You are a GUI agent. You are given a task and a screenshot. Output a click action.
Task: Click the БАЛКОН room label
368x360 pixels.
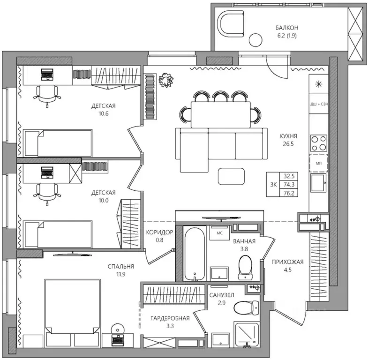(x=287, y=28)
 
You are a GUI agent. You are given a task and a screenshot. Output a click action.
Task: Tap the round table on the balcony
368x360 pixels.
(x=255, y=40)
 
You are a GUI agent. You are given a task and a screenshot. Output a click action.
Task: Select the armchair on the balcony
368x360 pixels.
(x=231, y=24)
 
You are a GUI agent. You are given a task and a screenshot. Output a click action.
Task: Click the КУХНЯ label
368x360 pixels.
(x=288, y=136)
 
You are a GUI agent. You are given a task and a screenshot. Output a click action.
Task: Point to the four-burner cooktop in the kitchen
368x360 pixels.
(x=319, y=143)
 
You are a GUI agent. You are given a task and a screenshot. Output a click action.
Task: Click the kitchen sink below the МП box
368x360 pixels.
(x=318, y=183)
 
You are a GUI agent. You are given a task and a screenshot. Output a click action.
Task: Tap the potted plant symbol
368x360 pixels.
(x=166, y=80)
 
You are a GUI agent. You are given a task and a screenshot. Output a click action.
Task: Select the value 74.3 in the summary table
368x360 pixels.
(x=289, y=185)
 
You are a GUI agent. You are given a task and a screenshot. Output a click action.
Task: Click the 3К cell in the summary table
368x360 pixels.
(x=273, y=185)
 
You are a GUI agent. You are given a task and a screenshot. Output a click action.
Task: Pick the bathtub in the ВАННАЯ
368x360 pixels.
(x=195, y=254)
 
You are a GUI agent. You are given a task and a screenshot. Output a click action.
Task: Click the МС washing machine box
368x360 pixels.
(x=219, y=233)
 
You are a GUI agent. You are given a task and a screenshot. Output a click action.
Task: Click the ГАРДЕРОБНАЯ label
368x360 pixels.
(x=170, y=318)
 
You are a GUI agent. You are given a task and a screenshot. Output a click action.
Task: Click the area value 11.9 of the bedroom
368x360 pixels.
(x=120, y=274)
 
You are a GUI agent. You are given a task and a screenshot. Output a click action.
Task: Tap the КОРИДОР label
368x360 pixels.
(x=159, y=232)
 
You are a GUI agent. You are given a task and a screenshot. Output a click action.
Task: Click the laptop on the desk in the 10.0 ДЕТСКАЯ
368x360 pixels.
(x=47, y=172)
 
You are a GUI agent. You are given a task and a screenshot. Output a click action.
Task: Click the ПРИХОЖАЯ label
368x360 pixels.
(x=287, y=262)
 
